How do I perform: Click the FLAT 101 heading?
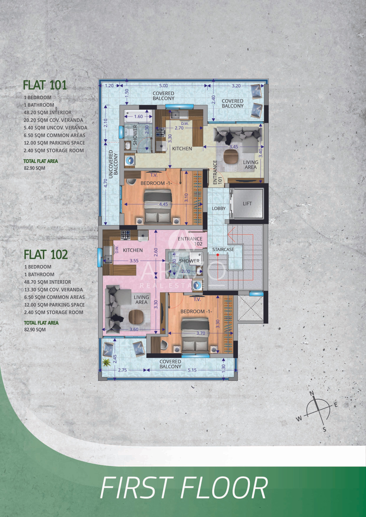coord(45,85)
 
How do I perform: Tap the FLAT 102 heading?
coord(46,254)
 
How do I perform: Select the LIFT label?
coord(247,204)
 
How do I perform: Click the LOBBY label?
coord(218,208)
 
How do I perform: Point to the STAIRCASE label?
coord(223,249)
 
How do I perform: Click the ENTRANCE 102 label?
coord(190,241)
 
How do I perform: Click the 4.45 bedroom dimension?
coord(163,204)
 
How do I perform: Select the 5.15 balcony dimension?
coord(192,370)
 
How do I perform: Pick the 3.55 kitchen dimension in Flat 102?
coord(134,261)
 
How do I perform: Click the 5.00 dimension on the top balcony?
coord(163,86)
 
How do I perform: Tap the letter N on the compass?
coord(312,393)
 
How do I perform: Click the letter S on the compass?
coord(324,429)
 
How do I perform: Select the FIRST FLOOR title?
coord(184,488)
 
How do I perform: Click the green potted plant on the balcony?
coord(107,362)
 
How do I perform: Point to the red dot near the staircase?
coord(218,255)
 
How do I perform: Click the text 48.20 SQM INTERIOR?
coord(47,113)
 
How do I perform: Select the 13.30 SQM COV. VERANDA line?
coord(53,290)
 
